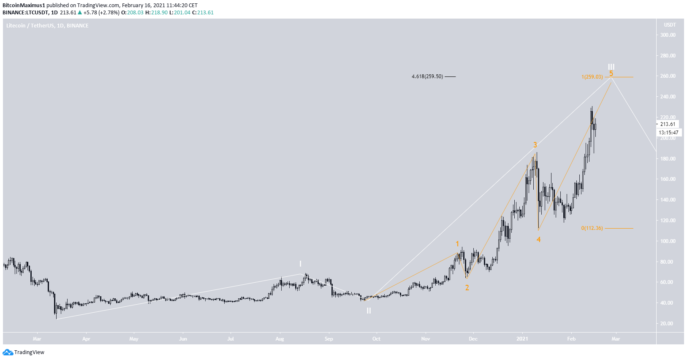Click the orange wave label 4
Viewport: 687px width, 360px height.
coord(538,240)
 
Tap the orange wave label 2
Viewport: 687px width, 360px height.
coord(467,288)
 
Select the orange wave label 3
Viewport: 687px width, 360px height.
coord(535,145)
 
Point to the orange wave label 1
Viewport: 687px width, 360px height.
coord(457,244)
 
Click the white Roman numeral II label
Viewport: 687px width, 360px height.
coord(369,311)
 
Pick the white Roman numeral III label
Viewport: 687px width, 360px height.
coord(611,67)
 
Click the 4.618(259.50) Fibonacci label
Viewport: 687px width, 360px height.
coord(427,76)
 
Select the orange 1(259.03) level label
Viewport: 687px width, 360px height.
coord(592,77)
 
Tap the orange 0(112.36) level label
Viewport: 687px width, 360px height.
coord(592,228)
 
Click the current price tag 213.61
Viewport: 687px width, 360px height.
coord(668,124)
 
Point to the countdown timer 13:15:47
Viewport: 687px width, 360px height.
coord(668,133)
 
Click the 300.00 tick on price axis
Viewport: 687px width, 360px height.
coord(668,35)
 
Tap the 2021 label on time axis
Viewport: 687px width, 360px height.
coord(522,339)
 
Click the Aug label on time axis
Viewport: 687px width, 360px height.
coord(280,339)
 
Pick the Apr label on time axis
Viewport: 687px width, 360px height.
coord(86,339)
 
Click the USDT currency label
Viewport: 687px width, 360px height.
coord(670,25)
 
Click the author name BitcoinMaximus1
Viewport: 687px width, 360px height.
coord(24,5)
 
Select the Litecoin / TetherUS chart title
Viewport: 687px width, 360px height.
coord(47,26)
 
